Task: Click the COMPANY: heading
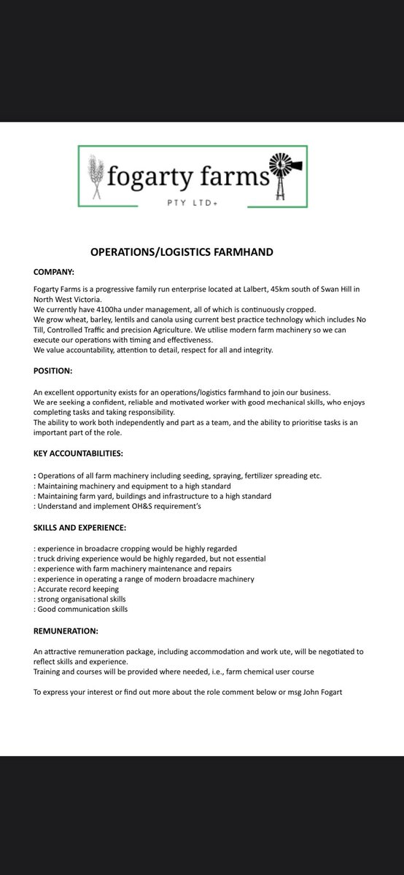pyautogui.click(x=54, y=272)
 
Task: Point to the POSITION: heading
pyautogui.click(x=53, y=371)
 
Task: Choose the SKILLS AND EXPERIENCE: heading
pyautogui.click(x=80, y=526)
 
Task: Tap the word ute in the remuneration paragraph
pyautogui.click(x=264, y=650)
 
